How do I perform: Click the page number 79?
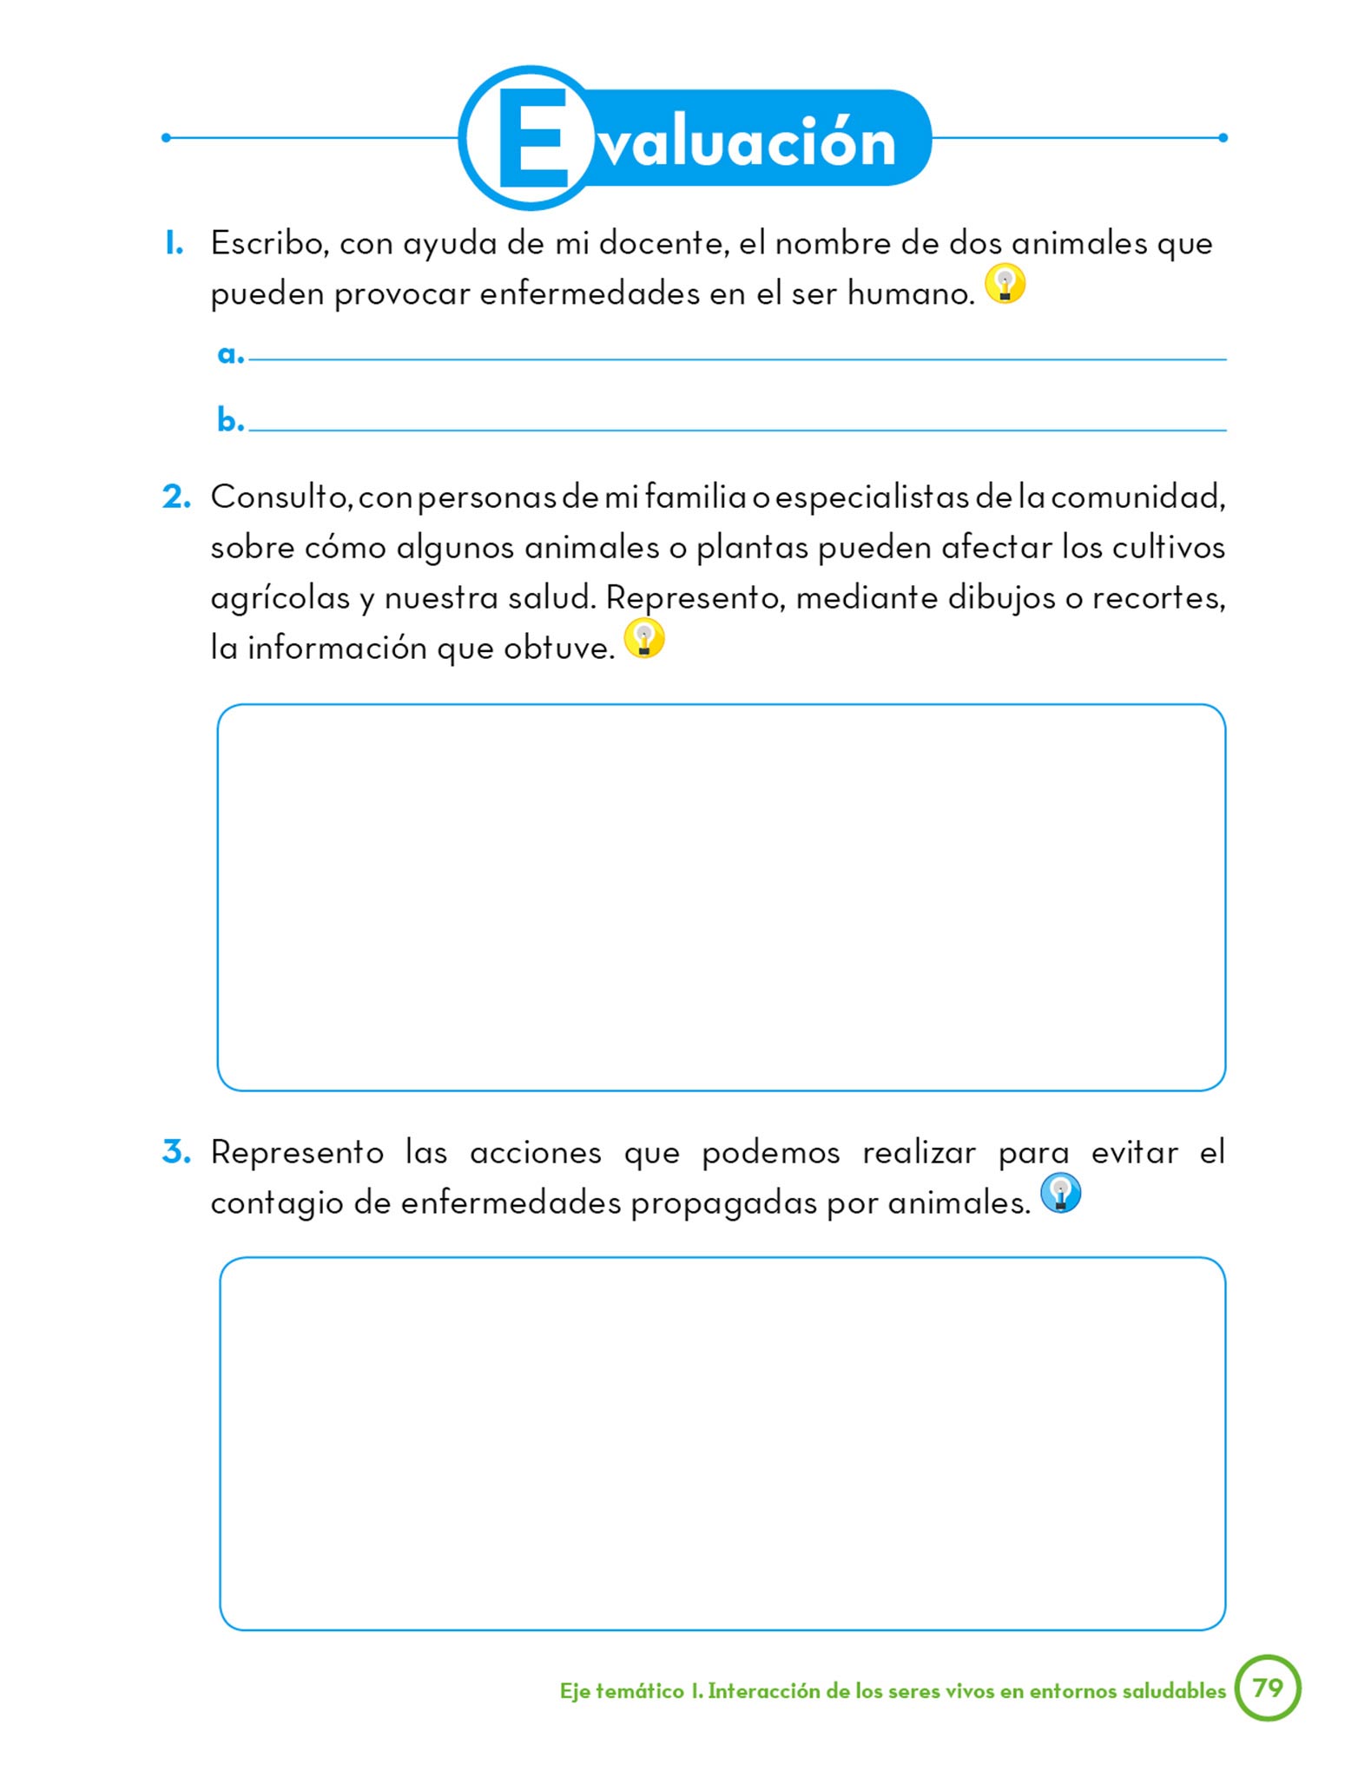coord(1268,1688)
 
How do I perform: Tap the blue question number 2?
coord(176,497)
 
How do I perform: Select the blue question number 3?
coord(176,1152)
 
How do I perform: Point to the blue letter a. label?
coord(230,354)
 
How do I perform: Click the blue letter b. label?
coord(230,421)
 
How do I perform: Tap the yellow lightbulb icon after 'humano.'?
coord(1005,284)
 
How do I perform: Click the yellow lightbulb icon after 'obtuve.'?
coord(644,638)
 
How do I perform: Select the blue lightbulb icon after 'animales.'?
coord(1060,1193)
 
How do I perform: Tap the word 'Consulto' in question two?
coord(280,497)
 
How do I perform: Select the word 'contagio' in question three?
coord(277,1203)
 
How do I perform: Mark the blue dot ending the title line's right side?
coord(1223,138)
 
